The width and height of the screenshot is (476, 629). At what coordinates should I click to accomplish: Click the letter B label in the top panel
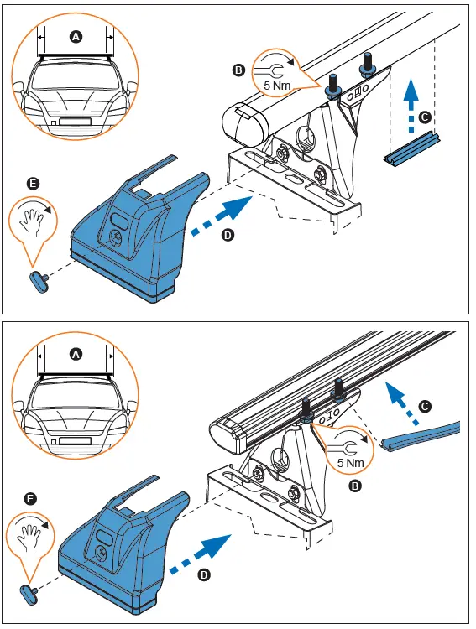pyautogui.click(x=240, y=71)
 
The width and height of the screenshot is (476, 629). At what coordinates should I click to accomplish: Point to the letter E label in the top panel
pyautogui.click(x=33, y=182)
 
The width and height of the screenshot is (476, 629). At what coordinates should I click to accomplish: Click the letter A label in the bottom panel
pyautogui.click(x=76, y=355)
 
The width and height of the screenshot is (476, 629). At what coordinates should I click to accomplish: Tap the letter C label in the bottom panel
pyautogui.click(x=425, y=407)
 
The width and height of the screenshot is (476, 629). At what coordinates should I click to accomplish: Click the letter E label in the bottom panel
pyautogui.click(x=31, y=500)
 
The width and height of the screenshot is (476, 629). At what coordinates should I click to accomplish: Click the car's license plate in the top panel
pyautogui.click(x=75, y=122)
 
